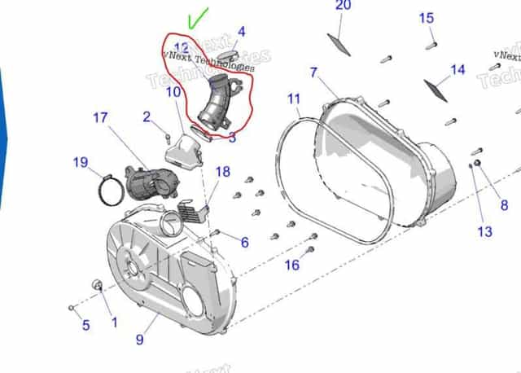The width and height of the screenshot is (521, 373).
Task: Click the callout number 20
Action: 343,7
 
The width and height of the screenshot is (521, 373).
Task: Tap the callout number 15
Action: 427,19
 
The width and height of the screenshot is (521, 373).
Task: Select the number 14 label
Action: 458,70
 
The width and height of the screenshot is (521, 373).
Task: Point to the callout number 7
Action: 313,72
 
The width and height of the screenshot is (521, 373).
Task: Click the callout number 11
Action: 294,99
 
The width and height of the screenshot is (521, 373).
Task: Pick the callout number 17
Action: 99,118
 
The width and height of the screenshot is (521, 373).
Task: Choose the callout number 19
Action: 80,162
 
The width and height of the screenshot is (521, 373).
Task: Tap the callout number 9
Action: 139,340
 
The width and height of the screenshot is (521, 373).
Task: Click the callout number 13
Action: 484,232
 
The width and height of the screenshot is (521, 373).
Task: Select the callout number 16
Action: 291,265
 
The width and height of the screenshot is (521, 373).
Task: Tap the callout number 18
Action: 222,172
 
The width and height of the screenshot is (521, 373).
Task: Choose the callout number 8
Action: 504,206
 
